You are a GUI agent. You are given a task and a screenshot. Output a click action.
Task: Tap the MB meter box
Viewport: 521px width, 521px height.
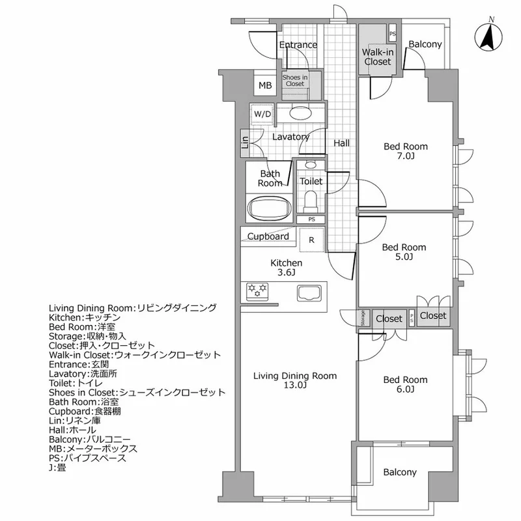265,85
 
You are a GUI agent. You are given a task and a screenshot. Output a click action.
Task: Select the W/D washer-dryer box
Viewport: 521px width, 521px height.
263,115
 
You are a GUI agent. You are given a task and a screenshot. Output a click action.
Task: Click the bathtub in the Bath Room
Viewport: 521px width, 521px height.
270,210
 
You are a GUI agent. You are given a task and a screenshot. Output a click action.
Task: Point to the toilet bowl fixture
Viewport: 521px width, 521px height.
311,197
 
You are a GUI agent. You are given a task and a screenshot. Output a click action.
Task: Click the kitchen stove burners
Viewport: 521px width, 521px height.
257,290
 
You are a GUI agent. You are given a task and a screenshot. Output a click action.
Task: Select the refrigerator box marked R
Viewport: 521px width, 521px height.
312,240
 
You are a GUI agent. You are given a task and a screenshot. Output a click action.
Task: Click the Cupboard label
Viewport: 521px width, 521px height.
268,236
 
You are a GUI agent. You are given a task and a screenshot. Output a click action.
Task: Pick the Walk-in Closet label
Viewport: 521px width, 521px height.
377,56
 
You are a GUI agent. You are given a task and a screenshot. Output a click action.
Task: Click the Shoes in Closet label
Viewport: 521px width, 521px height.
294,80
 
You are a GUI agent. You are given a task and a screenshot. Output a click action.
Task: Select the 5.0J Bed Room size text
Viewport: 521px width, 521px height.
404,258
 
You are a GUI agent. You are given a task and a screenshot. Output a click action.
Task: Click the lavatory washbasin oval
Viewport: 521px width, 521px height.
300,113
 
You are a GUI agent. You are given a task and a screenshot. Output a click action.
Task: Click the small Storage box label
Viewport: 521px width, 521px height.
363,318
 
